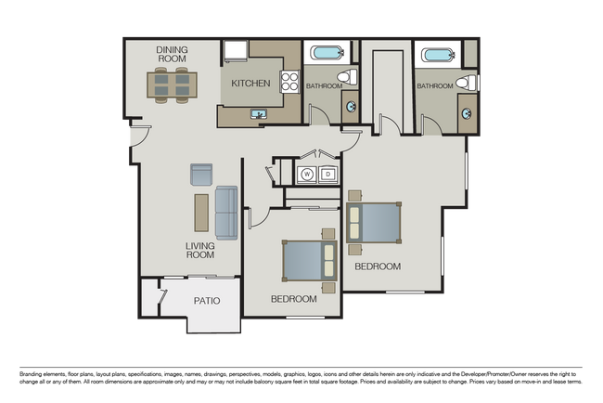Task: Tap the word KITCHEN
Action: point(250,84)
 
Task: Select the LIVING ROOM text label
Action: point(199,250)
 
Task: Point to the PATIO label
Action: point(206,301)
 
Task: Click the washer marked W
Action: point(306,173)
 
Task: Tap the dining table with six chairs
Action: point(172,85)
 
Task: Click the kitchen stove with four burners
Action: point(289,81)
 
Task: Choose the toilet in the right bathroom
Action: point(468,83)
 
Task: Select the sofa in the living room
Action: point(226,212)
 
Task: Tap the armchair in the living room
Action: point(201,174)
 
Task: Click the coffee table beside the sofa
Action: point(200,212)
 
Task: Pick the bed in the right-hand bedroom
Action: point(375,223)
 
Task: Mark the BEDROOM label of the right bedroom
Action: point(378,266)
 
